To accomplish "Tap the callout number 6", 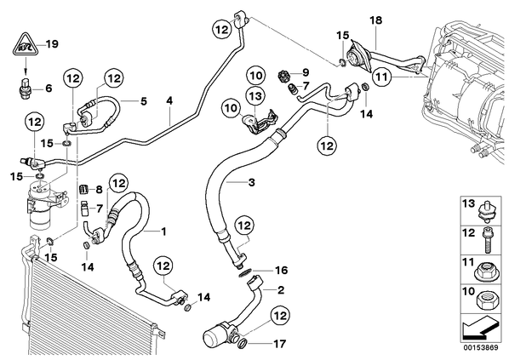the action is [x=49, y=88].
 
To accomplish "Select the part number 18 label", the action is [x=376, y=20].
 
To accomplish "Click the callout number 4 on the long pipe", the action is [x=169, y=100].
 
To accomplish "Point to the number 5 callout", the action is [x=143, y=101].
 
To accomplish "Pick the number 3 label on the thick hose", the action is [x=252, y=182].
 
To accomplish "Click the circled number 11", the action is [x=380, y=77].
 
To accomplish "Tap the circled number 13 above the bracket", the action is [x=255, y=96].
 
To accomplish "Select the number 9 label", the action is [x=306, y=72].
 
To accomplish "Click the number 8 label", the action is [x=99, y=190].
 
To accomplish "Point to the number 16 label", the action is [x=282, y=270].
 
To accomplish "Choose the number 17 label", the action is [x=280, y=344].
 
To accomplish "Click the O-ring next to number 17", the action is [x=243, y=343].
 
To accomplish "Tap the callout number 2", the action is [x=281, y=290].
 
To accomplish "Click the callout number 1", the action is [x=163, y=231].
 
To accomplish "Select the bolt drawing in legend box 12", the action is [x=488, y=241].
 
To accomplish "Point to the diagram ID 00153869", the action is [x=480, y=348].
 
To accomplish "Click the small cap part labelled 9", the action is [x=284, y=77].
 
